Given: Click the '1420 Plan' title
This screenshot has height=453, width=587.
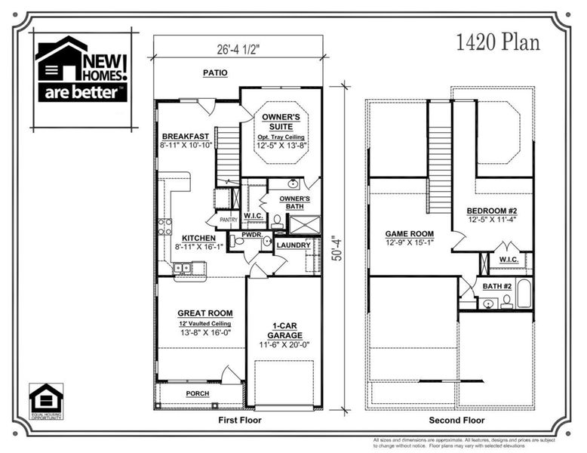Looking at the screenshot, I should [498, 42].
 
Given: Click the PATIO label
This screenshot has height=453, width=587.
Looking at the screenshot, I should [215, 73].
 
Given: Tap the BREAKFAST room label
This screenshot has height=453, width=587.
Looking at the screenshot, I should [185, 136].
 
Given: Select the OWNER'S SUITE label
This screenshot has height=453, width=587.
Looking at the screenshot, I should [281, 122].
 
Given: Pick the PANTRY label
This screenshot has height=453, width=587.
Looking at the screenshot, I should [227, 220].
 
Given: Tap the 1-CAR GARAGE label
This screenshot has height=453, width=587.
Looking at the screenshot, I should [284, 331].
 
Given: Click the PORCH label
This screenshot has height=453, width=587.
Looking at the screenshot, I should [198, 394].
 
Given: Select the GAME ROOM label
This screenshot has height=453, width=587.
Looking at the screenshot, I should [410, 234].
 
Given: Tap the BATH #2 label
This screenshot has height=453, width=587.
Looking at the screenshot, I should [497, 286].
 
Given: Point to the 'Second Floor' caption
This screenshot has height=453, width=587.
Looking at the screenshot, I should [455, 420].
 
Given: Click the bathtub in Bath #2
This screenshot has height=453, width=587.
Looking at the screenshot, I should [524, 294].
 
